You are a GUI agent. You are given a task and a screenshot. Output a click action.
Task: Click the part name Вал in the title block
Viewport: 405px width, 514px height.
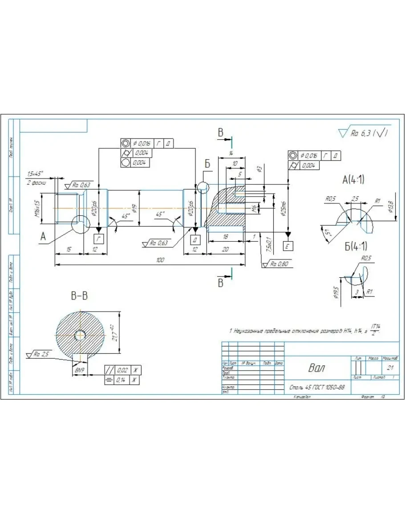point(316,368)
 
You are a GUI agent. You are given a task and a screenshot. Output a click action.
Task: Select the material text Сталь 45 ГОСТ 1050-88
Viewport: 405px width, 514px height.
point(316,387)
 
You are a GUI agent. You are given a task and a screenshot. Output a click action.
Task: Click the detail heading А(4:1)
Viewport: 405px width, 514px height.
point(353,180)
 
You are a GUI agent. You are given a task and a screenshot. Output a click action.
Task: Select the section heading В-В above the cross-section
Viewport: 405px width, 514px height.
point(79,295)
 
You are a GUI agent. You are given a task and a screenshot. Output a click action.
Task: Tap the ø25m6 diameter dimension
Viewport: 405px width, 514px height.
point(283,206)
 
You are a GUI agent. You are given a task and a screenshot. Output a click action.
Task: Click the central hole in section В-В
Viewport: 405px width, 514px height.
point(81,335)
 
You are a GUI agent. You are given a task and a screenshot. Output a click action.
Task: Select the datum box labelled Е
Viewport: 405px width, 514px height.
point(288,245)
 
